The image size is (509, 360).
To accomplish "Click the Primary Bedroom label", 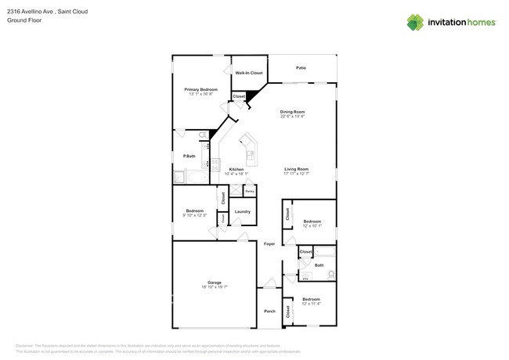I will pyautogui.click(x=200, y=89).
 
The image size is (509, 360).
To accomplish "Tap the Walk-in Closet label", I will pyautogui.click(x=249, y=73).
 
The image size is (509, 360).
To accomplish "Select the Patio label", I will pyautogui.click(x=301, y=68).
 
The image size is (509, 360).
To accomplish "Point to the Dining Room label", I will pyautogui.click(x=293, y=112).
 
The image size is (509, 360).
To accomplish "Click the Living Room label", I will pyautogui.click(x=296, y=169).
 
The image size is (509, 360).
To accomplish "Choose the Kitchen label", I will pyautogui.click(x=236, y=169).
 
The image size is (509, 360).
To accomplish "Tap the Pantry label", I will pyautogui.click(x=249, y=191).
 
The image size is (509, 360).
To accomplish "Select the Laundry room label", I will pyautogui.click(x=243, y=211).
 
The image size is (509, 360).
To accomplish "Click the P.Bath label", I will pyautogui.click(x=189, y=157).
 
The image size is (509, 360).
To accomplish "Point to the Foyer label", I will pyautogui.click(x=269, y=244).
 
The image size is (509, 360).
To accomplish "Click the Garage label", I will pyautogui.click(x=214, y=283).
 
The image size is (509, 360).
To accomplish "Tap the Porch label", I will pyautogui.click(x=269, y=311).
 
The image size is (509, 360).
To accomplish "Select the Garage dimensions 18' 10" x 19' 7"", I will pyautogui.click(x=214, y=287).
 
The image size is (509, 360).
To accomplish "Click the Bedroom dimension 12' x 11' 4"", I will pyautogui.click(x=312, y=304).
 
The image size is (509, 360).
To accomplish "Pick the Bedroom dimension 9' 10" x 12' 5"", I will pyautogui.click(x=195, y=215).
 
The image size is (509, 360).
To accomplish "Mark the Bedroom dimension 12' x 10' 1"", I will pyautogui.click(x=312, y=226).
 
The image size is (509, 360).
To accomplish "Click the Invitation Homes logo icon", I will pyautogui.click(x=415, y=23).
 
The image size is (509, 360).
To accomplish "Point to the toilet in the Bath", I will pyautogui.click(x=332, y=274).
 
